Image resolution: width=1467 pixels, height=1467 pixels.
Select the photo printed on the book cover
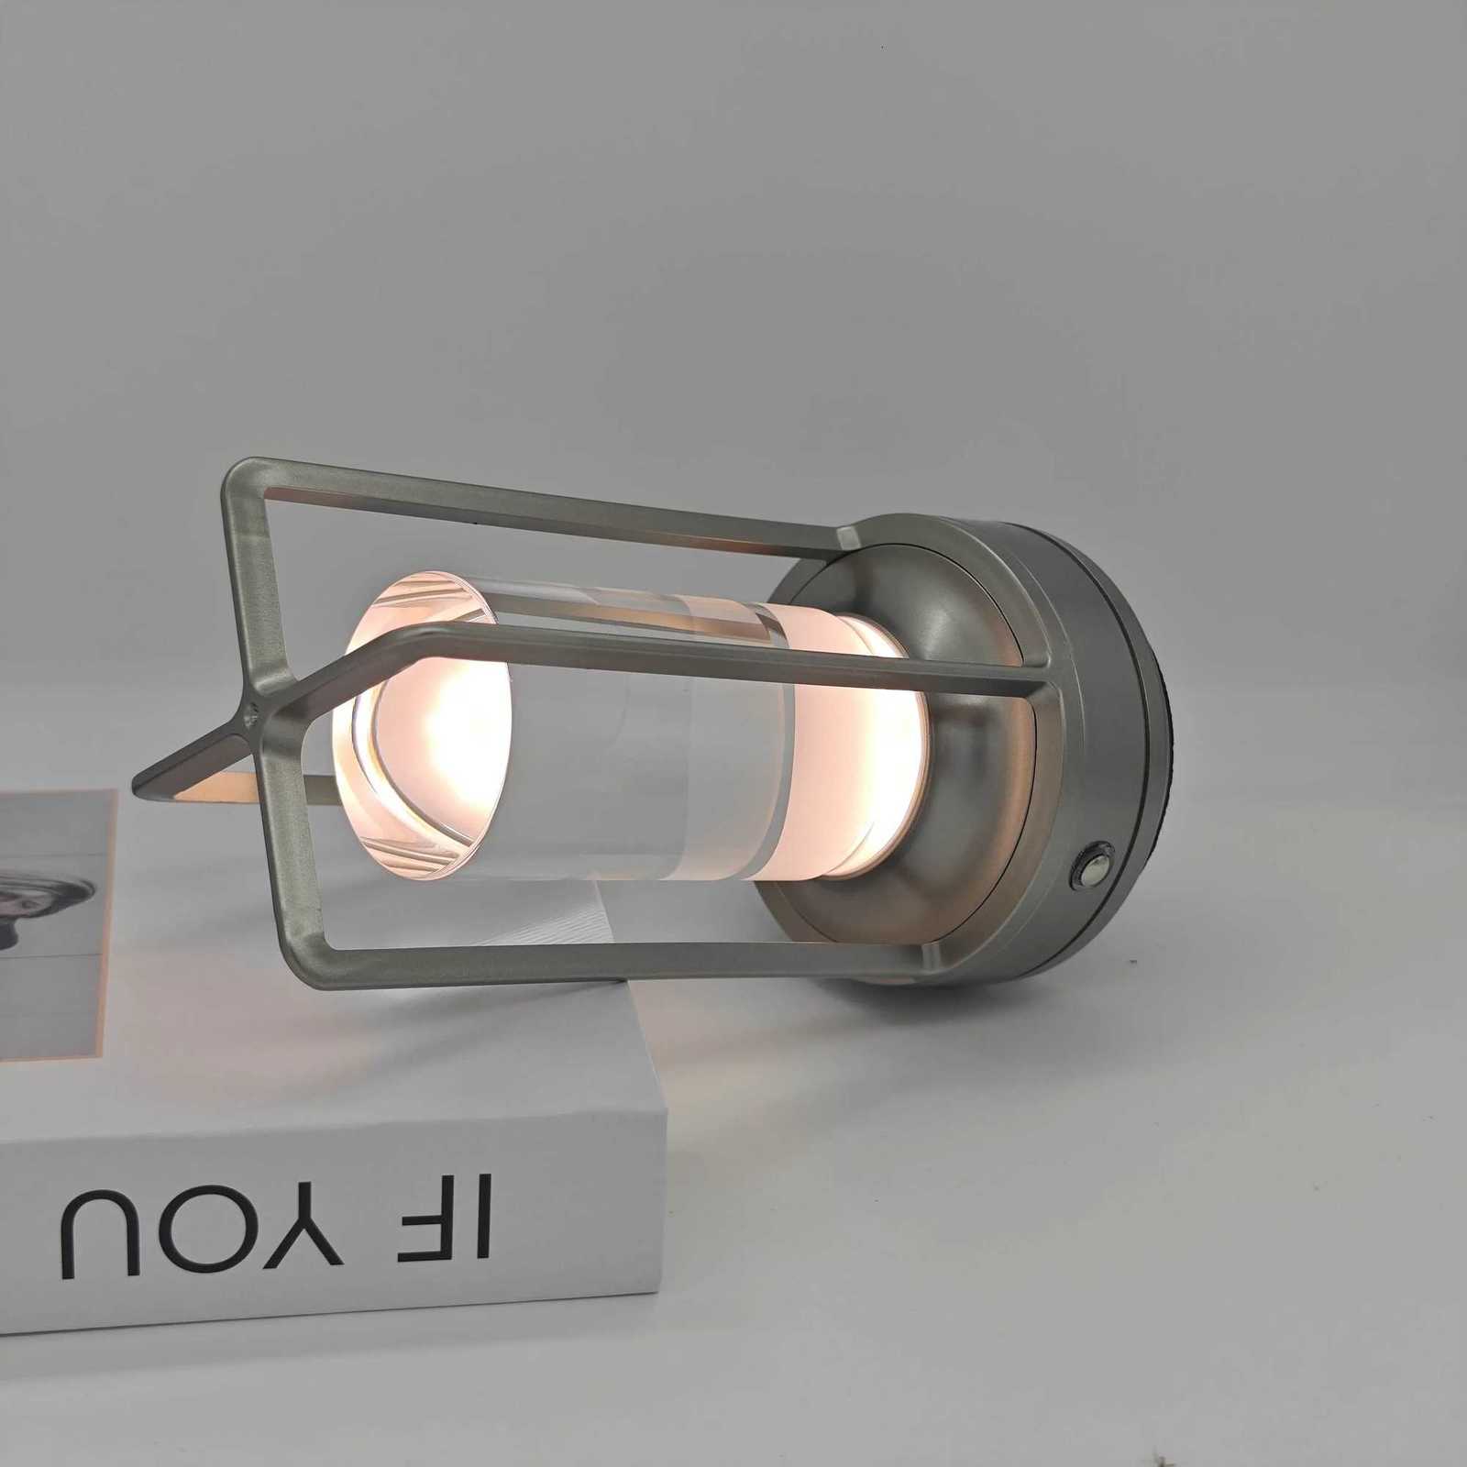click(x=46, y=917)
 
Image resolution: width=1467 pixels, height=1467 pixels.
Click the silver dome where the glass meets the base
click(x=972, y=779)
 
